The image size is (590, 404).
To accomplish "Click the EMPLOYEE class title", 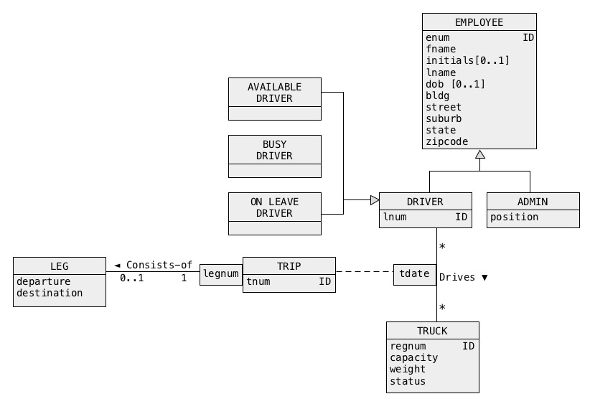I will click(479, 22).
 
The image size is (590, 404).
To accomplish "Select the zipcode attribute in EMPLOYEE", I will click(446, 141).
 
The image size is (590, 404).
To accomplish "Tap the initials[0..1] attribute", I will click(467, 61).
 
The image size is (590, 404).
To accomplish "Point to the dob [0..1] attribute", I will click(455, 84).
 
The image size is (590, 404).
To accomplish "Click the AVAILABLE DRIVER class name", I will click(274, 93).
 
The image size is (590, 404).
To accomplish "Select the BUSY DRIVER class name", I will click(274, 150).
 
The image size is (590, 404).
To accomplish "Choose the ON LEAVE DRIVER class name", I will click(274, 207).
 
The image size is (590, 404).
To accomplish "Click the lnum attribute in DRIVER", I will click(395, 216).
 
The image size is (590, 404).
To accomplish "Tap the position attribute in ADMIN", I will click(514, 217).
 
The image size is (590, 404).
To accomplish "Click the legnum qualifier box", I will click(220, 274).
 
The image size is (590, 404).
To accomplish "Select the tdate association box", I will click(414, 274).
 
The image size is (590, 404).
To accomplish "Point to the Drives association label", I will click(463, 277).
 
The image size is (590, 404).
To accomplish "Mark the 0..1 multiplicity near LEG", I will click(131, 278).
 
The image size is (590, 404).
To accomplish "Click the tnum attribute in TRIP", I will click(258, 282).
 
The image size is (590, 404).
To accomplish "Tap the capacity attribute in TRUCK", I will click(413, 357).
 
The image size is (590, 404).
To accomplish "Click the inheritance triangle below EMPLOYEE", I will click(479, 154).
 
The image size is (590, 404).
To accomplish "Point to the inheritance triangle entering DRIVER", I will click(374, 200).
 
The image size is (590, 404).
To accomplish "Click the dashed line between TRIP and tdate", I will click(364, 272).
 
